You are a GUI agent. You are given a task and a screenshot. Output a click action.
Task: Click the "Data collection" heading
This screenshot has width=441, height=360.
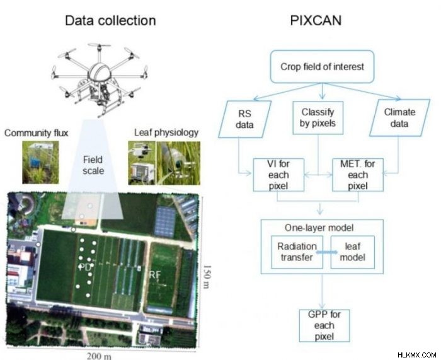click(110, 21)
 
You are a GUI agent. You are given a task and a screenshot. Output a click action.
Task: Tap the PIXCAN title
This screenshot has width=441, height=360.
click(316, 21)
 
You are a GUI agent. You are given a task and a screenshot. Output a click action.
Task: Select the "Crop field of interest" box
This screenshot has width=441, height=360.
click(322, 67)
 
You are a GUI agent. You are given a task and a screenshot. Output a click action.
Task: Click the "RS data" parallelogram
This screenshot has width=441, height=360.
click(244, 119)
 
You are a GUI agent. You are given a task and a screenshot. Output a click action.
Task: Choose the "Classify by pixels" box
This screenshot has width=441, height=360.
click(318, 118)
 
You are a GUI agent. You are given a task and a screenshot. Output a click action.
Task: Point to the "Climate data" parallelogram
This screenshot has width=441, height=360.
click(399, 118)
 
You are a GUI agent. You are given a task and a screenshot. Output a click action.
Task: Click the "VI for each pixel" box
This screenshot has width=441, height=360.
click(278, 175)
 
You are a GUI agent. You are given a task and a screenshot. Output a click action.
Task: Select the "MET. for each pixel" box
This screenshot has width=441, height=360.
click(358, 175)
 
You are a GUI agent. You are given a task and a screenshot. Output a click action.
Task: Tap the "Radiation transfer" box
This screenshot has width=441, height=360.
click(297, 252)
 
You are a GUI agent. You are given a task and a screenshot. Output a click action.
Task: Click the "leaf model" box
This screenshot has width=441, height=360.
click(353, 252)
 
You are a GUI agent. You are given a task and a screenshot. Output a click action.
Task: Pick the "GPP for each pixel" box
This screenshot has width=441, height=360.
click(324, 326)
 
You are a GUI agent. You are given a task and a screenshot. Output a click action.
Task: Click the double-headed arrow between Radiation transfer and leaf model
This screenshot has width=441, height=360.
click(327, 252)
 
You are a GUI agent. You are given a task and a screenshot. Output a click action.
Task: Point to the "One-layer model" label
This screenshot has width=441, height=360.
click(319, 228)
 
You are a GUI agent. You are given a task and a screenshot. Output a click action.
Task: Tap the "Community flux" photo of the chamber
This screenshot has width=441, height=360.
click(40, 163)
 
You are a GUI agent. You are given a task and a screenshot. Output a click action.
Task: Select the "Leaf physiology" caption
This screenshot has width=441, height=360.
click(166, 132)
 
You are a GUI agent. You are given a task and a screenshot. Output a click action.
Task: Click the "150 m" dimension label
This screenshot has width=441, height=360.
click(207, 277)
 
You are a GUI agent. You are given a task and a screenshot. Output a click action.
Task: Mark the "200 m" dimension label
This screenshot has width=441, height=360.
click(99, 356)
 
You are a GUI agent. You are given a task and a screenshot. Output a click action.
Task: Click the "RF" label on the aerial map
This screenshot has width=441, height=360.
click(154, 275)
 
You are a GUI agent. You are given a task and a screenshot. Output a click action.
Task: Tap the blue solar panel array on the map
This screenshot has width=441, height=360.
click(165, 221)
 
